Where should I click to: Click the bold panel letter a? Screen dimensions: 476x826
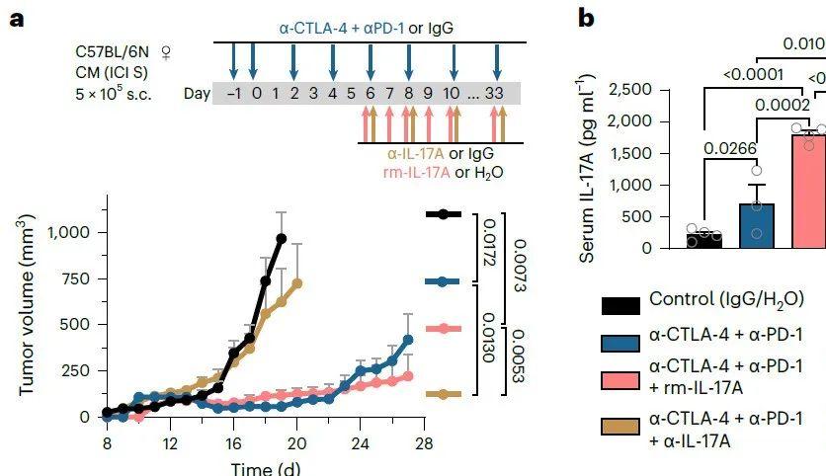point(15,19)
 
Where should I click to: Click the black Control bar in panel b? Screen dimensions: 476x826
point(704,239)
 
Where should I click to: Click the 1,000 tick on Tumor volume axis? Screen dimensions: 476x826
point(64,232)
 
